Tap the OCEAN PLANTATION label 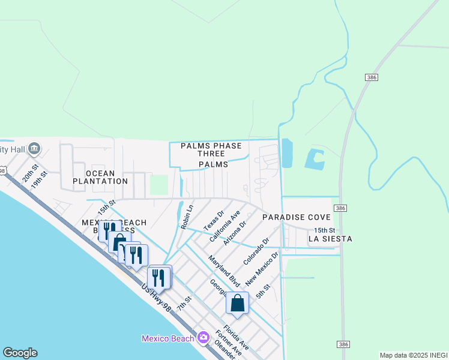tap(100, 176)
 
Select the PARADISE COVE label tap(295, 217)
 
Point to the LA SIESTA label tap(330, 239)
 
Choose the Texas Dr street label tap(213, 220)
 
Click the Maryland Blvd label tap(224, 271)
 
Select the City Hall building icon tap(34, 148)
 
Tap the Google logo tap(20, 353)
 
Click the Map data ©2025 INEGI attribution tap(414, 355)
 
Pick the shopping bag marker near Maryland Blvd tap(237, 302)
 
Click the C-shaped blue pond tap(315, 159)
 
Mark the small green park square tap(158, 184)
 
